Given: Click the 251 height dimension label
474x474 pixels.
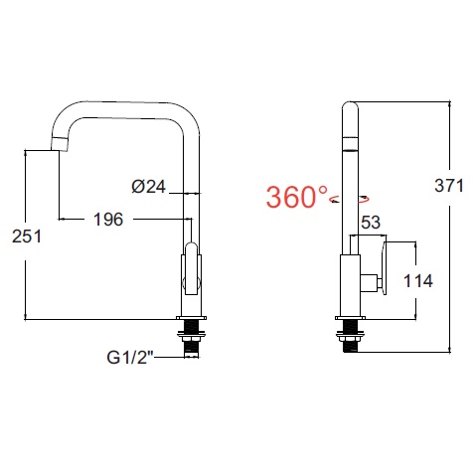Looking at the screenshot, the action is (x=27, y=237).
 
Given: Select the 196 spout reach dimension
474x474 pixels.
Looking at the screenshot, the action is (x=108, y=220).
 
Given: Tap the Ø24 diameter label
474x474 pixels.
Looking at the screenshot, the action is (x=148, y=187).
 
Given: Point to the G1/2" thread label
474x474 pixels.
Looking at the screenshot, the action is (x=130, y=357).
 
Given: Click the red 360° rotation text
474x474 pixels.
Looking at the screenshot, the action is (x=297, y=197).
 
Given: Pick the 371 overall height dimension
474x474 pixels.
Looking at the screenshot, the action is (x=449, y=186).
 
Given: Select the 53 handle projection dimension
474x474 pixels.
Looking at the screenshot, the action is (x=371, y=223).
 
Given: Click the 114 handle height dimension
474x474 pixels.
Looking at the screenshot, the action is (x=418, y=281).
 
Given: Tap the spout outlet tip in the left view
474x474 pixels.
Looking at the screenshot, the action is (x=60, y=145).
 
